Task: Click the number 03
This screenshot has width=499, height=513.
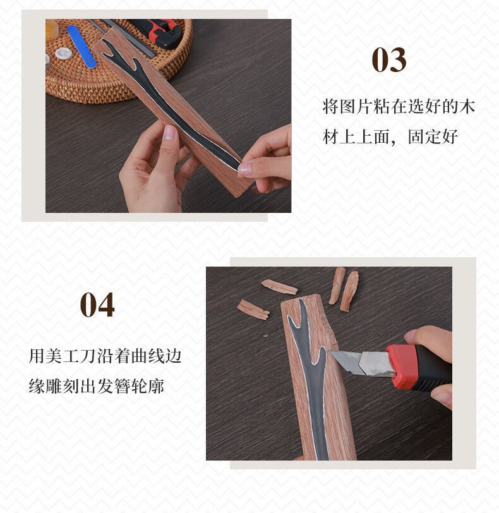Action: point(389,60)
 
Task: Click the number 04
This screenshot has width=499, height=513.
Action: point(97,305)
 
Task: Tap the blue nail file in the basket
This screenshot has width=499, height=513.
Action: point(81,47)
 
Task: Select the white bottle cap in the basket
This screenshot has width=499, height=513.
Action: point(63,52)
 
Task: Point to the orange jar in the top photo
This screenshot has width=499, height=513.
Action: point(52,29)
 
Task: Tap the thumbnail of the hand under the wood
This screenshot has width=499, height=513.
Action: point(170,133)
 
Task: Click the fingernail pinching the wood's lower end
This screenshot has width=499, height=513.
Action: point(244,168)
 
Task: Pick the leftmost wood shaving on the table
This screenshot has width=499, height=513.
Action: point(253,310)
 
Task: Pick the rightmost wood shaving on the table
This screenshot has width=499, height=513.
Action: point(349,291)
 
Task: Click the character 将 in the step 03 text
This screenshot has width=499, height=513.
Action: point(330,107)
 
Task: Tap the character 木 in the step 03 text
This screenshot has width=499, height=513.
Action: point(467,107)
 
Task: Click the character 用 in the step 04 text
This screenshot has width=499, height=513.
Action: point(36,356)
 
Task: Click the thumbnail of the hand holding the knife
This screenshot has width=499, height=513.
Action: point(411,335)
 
